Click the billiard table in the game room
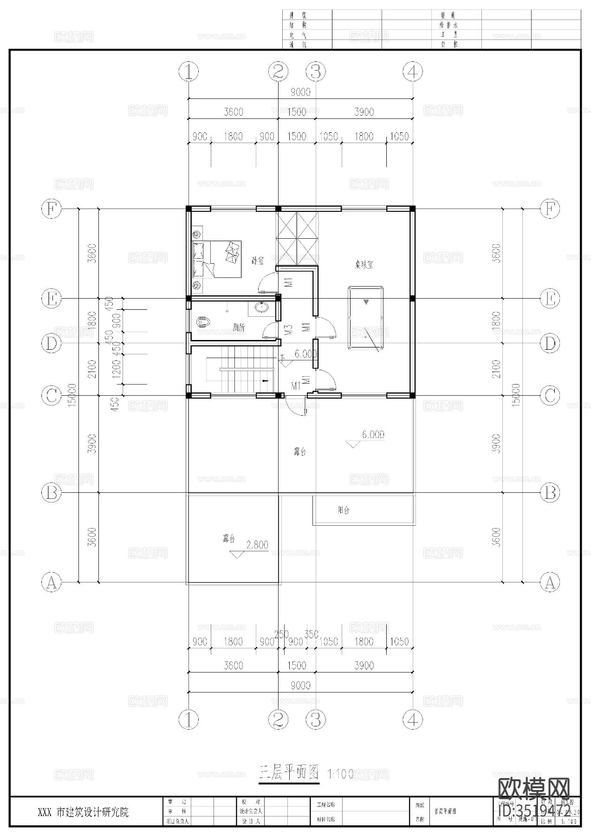click(366, 318)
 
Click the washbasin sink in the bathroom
click(262, 307)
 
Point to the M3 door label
click(288, 330)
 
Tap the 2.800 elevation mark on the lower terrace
click(257, 545)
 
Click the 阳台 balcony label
click(344, 510)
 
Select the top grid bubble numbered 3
click(316, 72)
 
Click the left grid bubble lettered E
click(51, 299)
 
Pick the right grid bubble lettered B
click(550, 492)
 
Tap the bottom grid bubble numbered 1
click(188, 719)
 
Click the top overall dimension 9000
click(300, 92)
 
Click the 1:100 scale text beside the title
click(340, 774)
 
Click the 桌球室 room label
click(364, 265)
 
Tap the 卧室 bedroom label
click(258, 261)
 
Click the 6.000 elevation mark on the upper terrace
click(372, 435)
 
